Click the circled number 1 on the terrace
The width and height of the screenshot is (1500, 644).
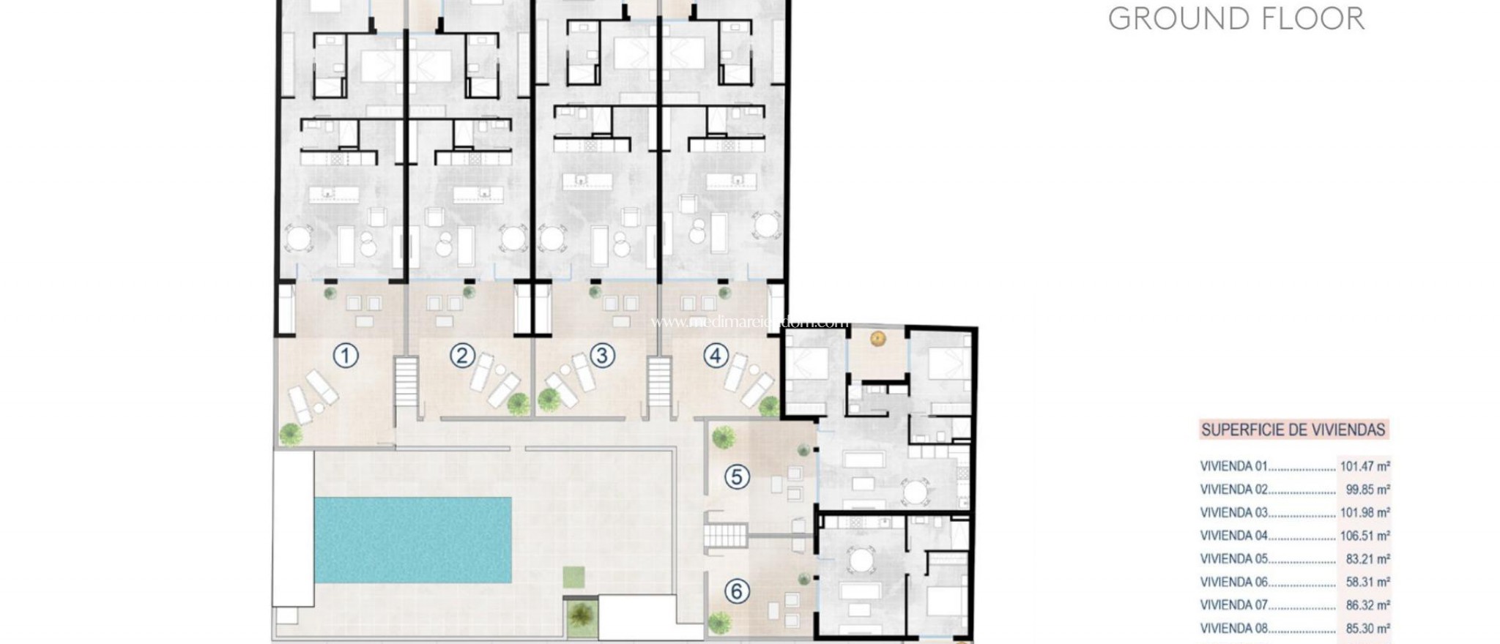tap(346, 356)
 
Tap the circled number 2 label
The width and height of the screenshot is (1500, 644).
tap(461, 356)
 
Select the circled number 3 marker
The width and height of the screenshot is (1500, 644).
tap(602, 356)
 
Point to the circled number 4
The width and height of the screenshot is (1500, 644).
tap(716, 356)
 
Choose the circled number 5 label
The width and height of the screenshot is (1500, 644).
tap(737, 477)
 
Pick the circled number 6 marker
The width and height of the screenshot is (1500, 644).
tap(737, 591)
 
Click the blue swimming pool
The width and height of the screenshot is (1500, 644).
tap(413, 540)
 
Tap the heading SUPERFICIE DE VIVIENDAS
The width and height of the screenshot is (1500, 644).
tap(1293, 430)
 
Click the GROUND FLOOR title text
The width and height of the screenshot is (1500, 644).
tap(1236, 19)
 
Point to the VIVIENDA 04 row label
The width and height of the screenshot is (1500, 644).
tap(1234, 536)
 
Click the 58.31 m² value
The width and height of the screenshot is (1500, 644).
tap(1368, 582)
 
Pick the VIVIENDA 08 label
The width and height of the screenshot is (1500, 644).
tap(1234, 628)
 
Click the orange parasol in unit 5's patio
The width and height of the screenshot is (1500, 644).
tap(877, 338)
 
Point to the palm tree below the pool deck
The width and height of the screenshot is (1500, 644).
tap(580, 613)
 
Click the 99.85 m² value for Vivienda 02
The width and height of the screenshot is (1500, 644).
tap(1368, 489)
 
